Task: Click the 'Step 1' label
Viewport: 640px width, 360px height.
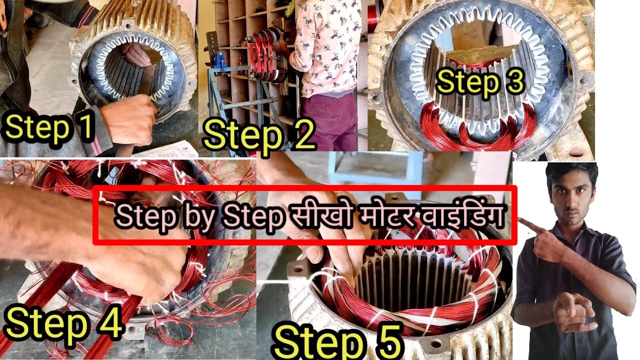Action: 49,127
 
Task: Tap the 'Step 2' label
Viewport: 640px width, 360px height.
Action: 259,134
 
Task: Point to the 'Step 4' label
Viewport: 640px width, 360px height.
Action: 64,323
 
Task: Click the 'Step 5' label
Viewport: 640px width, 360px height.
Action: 338,341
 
